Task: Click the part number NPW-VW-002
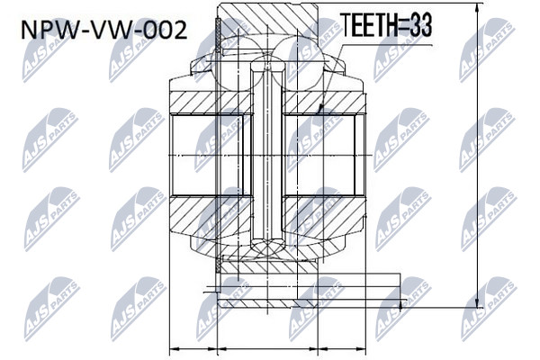coord(104,30)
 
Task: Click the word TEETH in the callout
coord(368,25)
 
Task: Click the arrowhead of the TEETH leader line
coord(320,108)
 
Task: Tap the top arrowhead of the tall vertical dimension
coord(478,9)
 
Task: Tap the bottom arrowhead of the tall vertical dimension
coord(478,302)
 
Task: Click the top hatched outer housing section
coord(268,20)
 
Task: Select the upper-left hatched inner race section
coord(211,103)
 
